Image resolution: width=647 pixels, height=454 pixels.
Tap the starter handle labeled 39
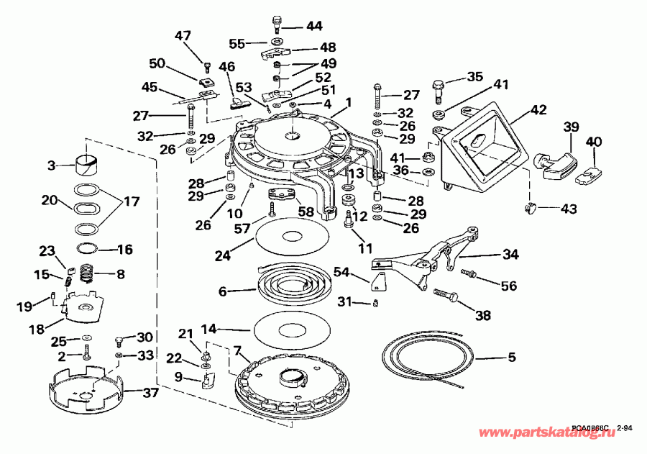click(x=556, y=165)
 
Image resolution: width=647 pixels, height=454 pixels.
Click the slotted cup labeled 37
click(x=83, y=389)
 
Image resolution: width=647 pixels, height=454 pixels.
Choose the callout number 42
click(x=538, y=110)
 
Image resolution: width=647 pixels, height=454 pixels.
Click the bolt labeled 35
click(x=438, y=90)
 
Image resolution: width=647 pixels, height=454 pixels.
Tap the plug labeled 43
click(x=531, y=209)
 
